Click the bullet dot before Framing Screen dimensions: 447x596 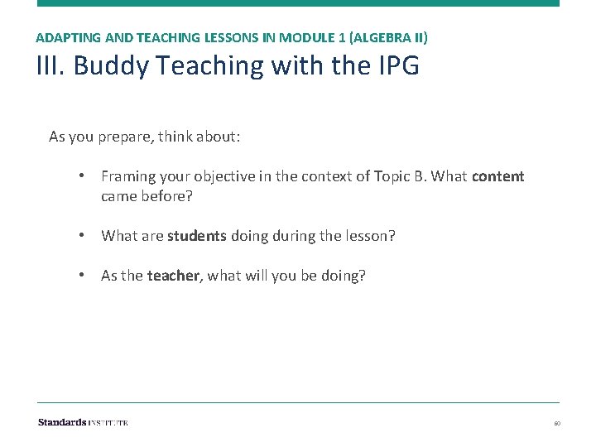tap(84, 176)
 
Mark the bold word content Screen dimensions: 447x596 tap(497, 176)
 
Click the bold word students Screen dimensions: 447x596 tap(196, 236)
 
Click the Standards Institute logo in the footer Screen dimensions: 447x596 tap(83, 422)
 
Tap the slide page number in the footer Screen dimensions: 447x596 tap(557, 423)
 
